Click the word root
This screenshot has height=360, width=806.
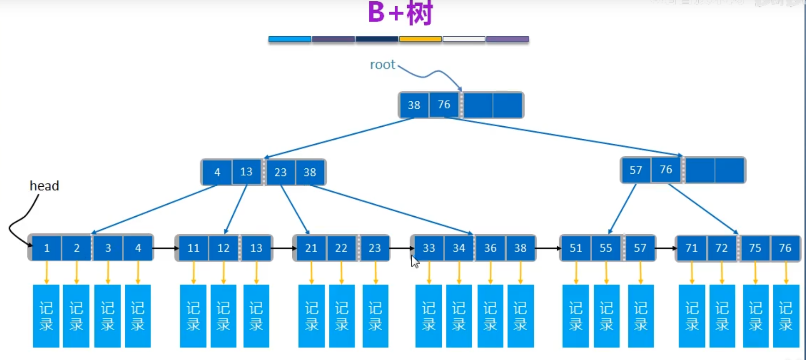tap(382, 65)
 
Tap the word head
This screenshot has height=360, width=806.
tap(44, 186)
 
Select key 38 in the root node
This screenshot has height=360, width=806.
tap(414, 105)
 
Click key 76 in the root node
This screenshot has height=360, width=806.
tap(444, 105)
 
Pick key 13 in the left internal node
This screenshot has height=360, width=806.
tap(246, 172)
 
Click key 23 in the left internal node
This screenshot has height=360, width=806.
tap(280, 172)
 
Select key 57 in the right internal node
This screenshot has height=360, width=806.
tap(635, 170)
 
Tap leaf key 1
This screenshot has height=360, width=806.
tap(47, 248)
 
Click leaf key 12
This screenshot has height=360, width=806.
tap(223, 248)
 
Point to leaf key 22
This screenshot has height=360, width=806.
tap(341, 248)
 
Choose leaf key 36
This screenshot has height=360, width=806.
tap(490, 248)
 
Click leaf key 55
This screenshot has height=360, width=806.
tap(606, 248)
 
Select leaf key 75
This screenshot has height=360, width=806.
tap(755, 248)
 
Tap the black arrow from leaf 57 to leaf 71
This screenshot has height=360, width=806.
tap(666, 248)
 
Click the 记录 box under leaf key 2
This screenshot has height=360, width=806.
tap(76, 316)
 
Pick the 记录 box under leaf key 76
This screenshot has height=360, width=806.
tap(786, 316)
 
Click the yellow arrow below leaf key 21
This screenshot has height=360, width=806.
tap(311, 272)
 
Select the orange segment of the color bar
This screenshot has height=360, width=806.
tap(420, 39)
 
